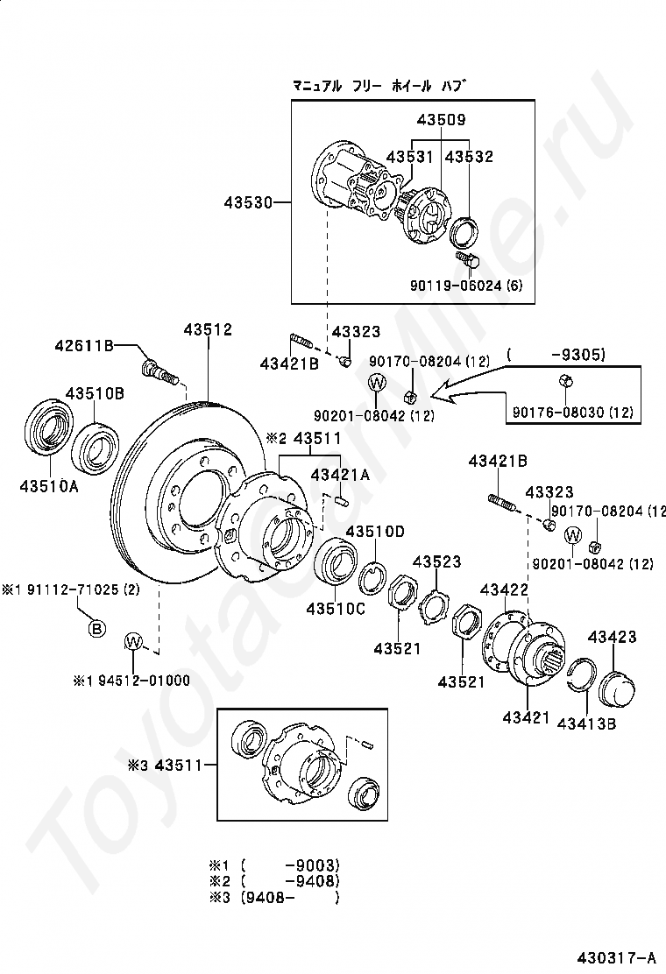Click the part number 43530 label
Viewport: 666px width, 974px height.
click(x=249, y=202)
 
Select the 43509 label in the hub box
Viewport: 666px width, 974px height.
click(x=441, y=119)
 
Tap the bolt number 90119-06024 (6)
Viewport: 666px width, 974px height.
click(x=466, y=286)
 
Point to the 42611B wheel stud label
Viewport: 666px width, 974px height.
click(x=84, y=345)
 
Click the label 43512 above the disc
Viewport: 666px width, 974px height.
click(x=208, y=329)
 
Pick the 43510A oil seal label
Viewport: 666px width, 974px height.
click(x=49, y=486)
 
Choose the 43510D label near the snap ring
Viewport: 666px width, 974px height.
click(x=375, y=531)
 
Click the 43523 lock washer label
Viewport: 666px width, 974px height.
click(x=436, y=561)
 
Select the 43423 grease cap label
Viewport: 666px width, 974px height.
click(x=613, y=637)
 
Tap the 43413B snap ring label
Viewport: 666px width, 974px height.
click(x=586, y=723)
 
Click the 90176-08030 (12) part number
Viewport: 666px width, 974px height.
click(x=573, y=412)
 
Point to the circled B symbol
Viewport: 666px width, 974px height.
click(x=96, y=629)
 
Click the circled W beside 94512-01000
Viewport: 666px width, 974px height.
click(x=133, y=641)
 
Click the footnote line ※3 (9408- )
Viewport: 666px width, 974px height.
click(x=274, y=897)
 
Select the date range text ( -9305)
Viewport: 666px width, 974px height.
click(x=556, y=355)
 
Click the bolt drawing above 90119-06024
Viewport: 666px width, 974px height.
click(x=466, y=259)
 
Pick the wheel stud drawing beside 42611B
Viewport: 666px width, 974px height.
click(x=159, y=371)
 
